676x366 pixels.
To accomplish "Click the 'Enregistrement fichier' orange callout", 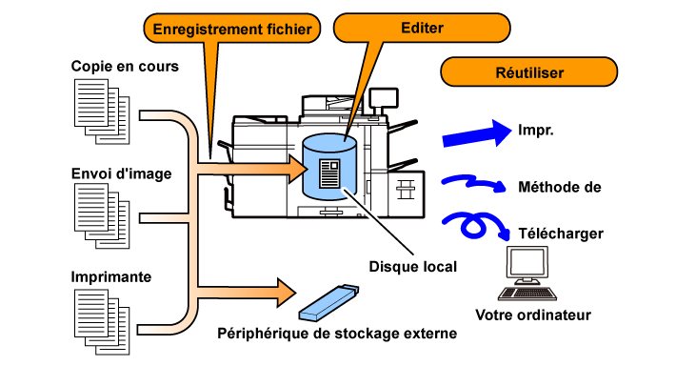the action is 232,29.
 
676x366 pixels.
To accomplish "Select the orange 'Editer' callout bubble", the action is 422,28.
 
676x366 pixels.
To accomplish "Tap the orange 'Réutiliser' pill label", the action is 529,72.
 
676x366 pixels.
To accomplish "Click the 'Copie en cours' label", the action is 125,67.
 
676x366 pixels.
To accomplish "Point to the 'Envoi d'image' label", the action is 122,173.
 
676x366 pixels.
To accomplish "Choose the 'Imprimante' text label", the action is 111,276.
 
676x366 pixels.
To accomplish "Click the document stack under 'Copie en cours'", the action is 102,112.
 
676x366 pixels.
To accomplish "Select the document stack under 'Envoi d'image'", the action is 102,215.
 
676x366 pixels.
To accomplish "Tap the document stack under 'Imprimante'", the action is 102,322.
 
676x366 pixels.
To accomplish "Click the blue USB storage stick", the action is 328,303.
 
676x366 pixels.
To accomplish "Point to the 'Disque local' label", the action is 413,267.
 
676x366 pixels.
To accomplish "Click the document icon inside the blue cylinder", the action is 329,173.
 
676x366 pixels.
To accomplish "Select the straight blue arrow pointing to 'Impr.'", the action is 477,133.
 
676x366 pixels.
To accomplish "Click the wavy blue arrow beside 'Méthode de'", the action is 473,183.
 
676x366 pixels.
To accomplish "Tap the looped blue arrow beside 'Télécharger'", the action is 474,224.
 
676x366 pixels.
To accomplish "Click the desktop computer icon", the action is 527,274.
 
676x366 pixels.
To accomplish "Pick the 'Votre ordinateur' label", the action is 533,315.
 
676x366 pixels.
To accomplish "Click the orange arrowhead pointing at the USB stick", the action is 287,293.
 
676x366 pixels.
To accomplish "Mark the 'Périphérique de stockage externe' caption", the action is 337,334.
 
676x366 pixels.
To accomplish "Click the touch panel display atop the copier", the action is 384,98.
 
